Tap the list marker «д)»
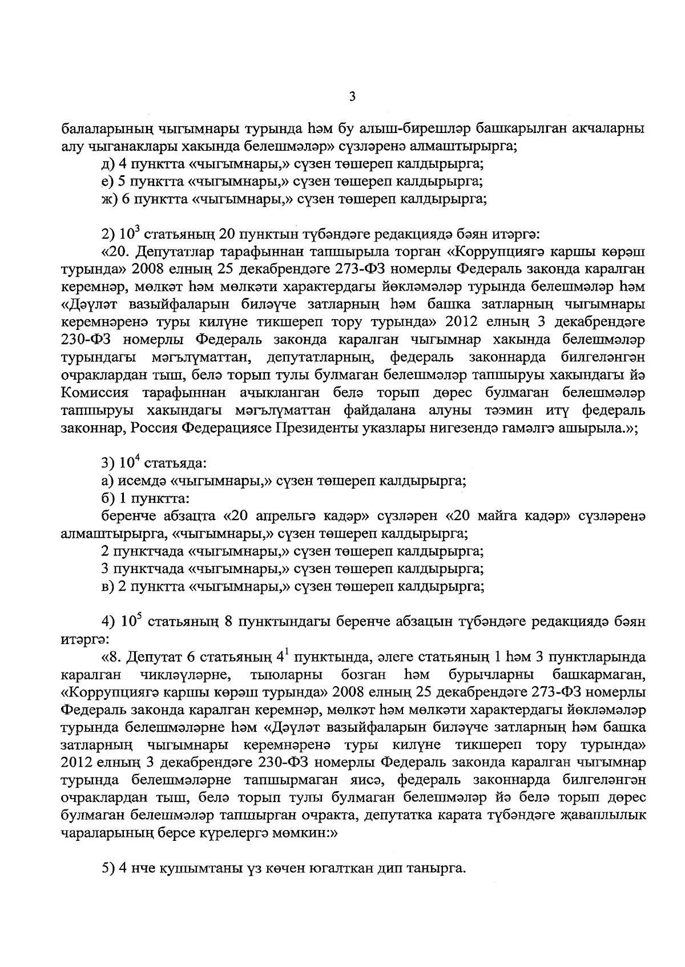[107, 165]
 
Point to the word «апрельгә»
[279, 517]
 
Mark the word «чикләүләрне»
[185, 676]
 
